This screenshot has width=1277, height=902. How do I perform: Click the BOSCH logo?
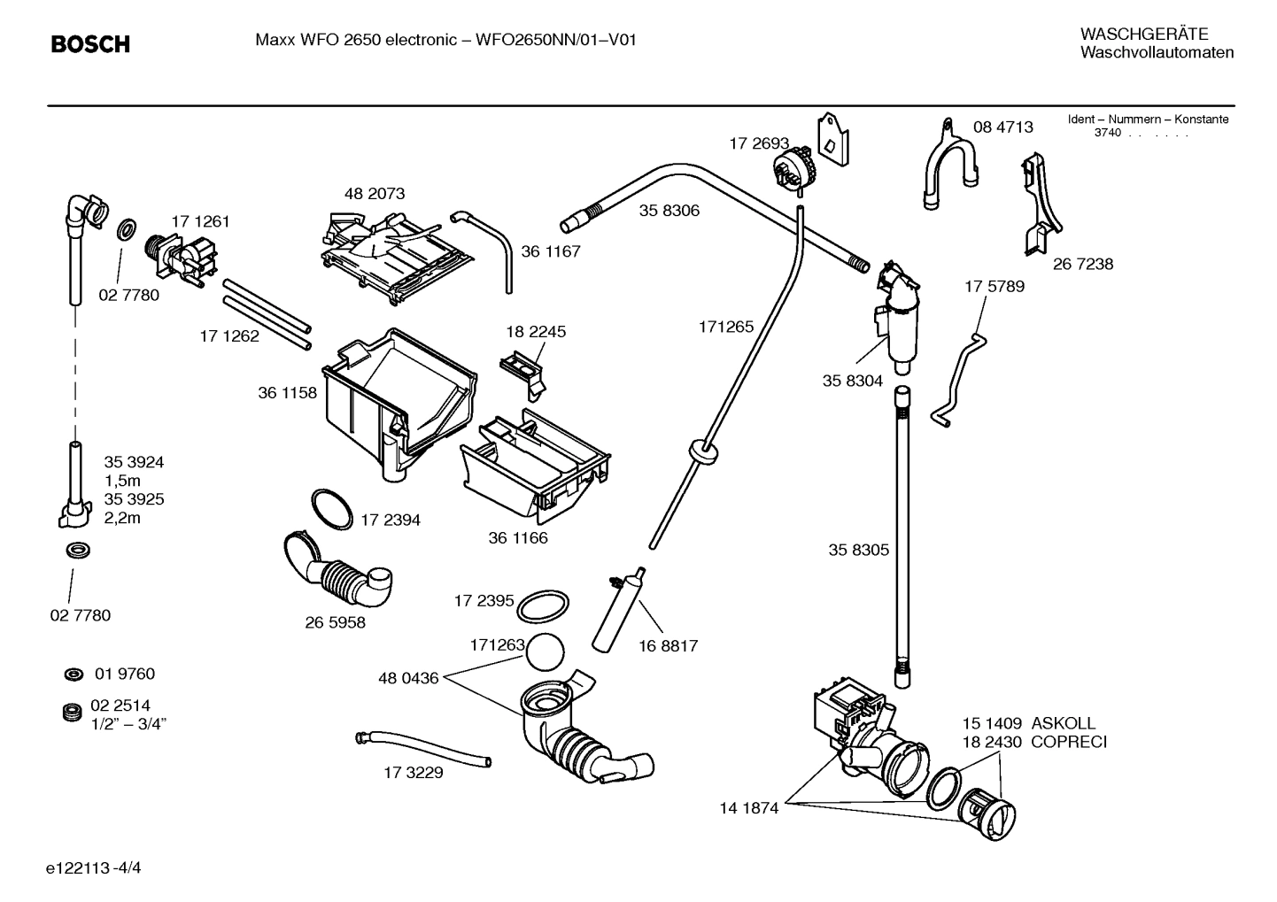(x=90, y=43)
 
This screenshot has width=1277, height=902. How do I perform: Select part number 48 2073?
(x=375, y=193)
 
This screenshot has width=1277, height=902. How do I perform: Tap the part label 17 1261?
(x=200, y=221)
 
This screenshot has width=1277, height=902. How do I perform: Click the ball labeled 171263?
(x=544, y=654)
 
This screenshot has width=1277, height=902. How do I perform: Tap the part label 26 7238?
(x=1082, y=264)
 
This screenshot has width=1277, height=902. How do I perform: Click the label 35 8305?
(x=858, y=550)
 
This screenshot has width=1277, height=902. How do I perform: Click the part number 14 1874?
(x=748, y=807)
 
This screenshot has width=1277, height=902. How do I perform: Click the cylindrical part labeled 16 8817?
(x=613, y=611)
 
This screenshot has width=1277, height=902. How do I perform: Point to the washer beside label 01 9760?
(x=73, y=675)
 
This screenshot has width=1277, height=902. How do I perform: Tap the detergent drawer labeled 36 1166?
(x=534, y=465)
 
